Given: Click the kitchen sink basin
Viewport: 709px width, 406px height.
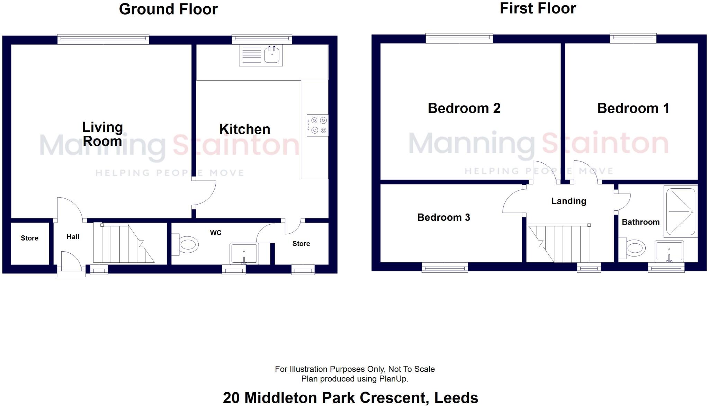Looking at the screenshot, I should [272, 55].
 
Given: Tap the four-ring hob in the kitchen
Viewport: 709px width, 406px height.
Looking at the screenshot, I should [317, 125].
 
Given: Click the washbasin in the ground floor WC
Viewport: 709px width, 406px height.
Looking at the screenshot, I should [244, 253].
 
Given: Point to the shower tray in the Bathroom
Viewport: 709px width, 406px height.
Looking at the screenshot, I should [680, 211].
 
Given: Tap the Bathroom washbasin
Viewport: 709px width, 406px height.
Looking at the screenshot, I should [669, 252].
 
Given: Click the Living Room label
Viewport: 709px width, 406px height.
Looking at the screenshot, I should [102, 134].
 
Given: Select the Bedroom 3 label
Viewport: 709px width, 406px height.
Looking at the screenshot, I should [443, 217].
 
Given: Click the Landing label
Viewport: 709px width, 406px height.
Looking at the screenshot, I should [568, 201].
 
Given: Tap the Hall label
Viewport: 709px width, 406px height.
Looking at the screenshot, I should [73, 237].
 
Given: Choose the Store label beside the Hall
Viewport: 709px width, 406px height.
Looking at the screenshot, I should [29, 238].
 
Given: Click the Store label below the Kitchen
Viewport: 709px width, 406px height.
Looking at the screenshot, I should [301, 244].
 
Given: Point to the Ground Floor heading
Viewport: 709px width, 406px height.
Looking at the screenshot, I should [168, 9].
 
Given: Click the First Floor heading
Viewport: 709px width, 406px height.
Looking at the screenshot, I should [538, 9].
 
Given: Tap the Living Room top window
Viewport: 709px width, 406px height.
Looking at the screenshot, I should [103, 39].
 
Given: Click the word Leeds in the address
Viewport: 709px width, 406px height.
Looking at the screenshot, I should [456, 398].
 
